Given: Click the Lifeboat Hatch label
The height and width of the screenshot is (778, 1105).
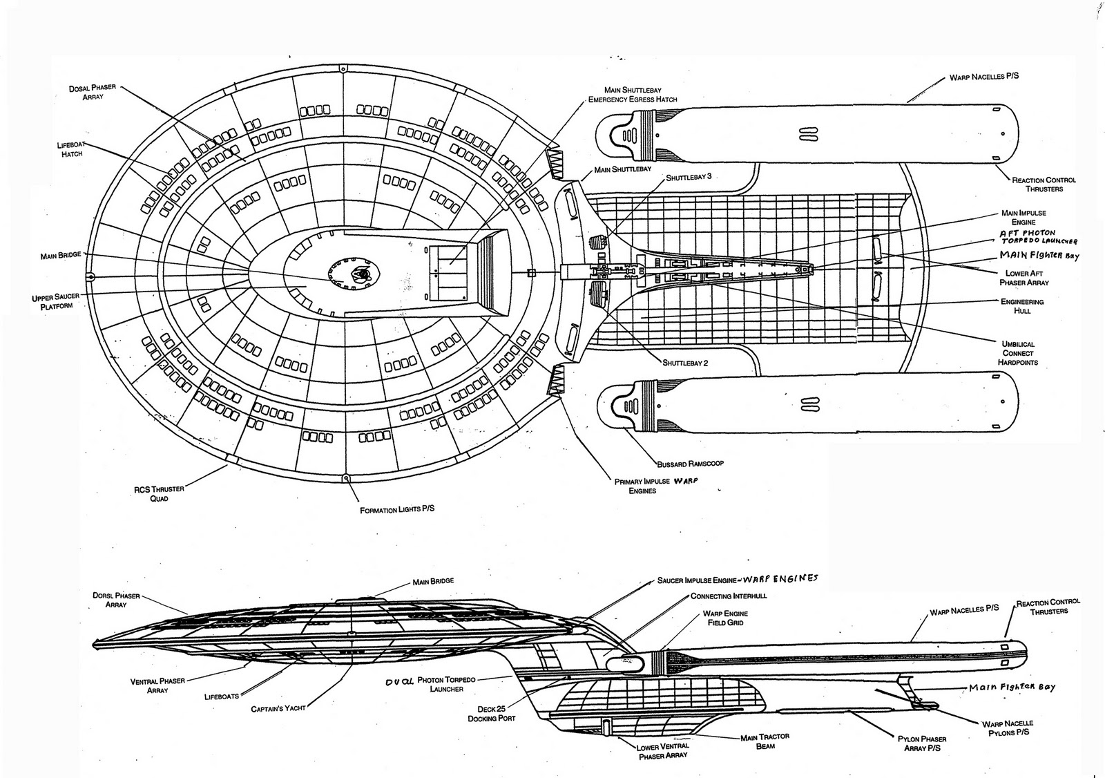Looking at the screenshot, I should click(70, 149).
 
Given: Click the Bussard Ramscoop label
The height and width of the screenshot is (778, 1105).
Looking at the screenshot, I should click(690, 463).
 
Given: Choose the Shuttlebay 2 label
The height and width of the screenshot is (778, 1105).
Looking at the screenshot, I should click(686, 362).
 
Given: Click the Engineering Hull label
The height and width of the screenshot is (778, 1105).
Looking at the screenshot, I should click(1022, 306).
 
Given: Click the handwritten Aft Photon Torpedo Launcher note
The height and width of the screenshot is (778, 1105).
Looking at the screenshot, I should click(1038, 238).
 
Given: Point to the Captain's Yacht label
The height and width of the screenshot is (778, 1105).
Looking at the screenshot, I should click(278, 708).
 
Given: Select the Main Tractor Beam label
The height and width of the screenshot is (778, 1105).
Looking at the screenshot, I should click(765, 741).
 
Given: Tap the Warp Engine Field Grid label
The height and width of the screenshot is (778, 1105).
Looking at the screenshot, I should click(725, 618).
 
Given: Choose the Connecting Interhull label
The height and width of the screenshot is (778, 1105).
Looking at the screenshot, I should click(729, 596).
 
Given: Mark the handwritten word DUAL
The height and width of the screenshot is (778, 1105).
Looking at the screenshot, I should click(402, 681).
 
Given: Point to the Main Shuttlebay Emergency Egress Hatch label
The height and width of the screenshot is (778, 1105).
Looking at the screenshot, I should click(631, 95).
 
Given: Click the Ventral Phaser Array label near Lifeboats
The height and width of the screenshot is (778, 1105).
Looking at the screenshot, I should click(157, 685).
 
